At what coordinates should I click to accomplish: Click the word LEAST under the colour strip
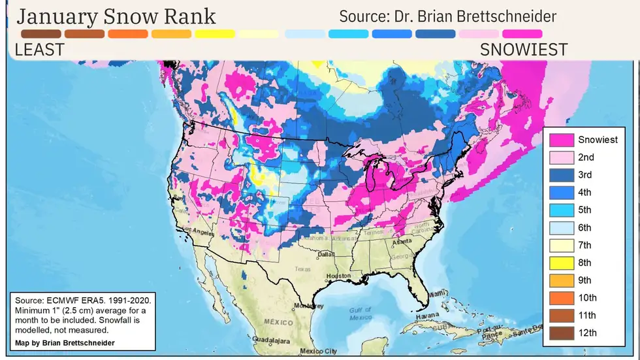point(39,49)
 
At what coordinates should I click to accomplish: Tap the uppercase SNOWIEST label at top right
point(524,49)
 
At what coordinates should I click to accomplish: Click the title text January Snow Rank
point(116,16)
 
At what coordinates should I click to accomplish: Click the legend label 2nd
point(586,157)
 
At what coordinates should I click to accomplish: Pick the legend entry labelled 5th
point(584,210)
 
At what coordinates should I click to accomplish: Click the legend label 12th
point(586,333)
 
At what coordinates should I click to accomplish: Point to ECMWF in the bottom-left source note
point(63,300)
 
